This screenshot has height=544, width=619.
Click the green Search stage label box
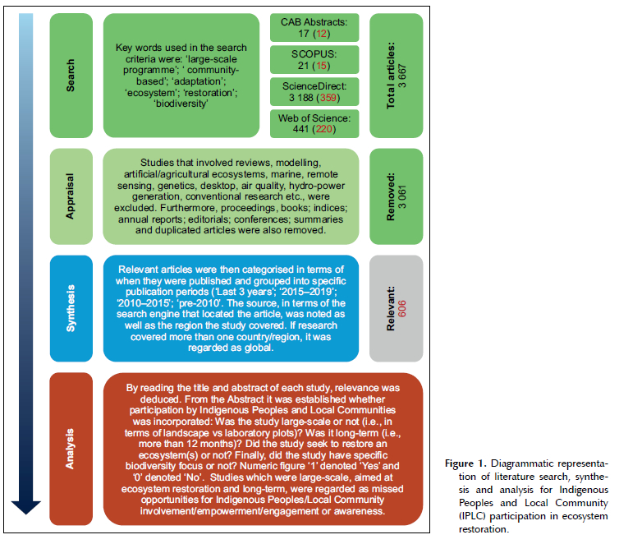point(71,76)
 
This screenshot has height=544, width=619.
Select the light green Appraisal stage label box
point(71,196)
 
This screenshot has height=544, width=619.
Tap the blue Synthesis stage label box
point(71,308)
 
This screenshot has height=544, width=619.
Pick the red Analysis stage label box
point(71,449)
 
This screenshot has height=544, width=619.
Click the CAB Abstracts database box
point(314,28)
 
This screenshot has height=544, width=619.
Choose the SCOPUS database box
point(314,60)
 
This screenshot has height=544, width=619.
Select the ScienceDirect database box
point(314,92)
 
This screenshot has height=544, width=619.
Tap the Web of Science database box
point(314,123)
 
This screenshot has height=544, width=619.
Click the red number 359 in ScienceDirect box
point(328,98)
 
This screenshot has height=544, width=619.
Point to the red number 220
point(324,129)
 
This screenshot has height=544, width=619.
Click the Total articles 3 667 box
point(396,76)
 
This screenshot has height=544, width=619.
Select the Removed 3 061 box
point(396,196)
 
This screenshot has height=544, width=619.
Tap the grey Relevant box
point(396,308)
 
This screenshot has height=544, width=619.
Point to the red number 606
point(402,308)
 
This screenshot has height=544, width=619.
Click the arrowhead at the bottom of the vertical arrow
point(26,507)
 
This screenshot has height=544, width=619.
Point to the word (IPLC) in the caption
point(472,516)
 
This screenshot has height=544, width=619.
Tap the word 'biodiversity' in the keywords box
point(181,104)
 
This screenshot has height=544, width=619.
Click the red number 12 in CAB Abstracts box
point(321,34)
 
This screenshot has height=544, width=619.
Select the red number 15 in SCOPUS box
point(321,66)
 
